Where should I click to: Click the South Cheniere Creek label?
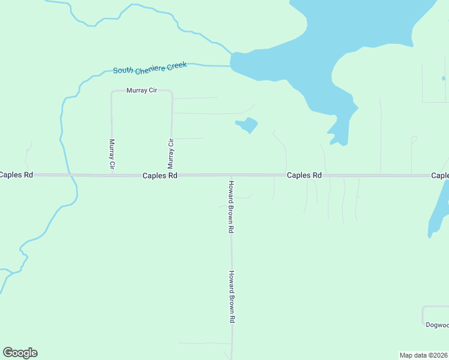(x=150, y=67)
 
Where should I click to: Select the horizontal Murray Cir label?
(x=141, y=91)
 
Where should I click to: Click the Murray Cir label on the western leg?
(x=112, y=154)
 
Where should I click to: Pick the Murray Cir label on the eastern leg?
(x=171, y=153)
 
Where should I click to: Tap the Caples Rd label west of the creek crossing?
(x=16, y=175)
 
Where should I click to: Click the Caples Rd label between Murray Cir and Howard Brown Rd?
(x=160, y=176)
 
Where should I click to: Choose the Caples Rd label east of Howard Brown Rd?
(x=304, y=175)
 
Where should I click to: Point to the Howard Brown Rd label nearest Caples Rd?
(x=231, y=206)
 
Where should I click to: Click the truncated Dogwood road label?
(x=436, y=325)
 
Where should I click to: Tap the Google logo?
(x=20, y=353)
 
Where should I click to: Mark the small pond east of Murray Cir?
(x=247, y=125)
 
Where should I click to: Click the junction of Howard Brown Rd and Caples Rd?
(x=231, y=175)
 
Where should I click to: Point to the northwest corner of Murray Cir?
(x=112, y=92)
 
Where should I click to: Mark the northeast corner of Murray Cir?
(x=172, y=92)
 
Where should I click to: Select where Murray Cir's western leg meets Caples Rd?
(x=112, y=175)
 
